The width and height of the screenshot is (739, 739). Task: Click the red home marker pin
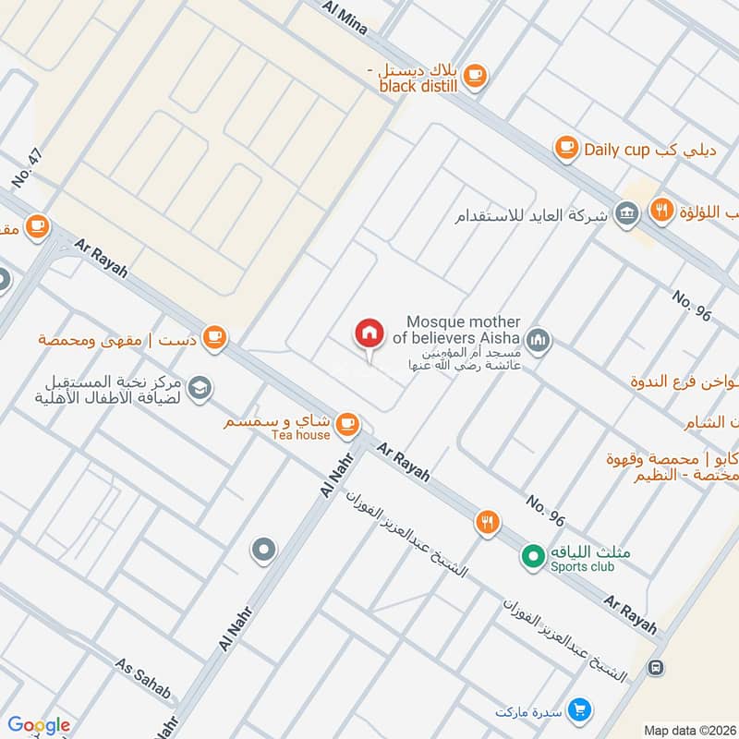click(x=369, y=334)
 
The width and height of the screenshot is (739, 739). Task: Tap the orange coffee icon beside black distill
click(x=474, y=76)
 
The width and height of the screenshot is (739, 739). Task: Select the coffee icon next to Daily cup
click(x=566, y=148)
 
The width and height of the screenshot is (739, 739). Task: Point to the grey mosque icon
click(x=540, y=342)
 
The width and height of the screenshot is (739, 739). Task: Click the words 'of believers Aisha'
click(x=456, y=338)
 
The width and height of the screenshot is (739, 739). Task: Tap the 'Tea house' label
click(x=300, y=434)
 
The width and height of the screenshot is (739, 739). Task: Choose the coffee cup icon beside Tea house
click(x=346, y=424)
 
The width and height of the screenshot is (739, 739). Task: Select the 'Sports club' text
click(x=583, y=566)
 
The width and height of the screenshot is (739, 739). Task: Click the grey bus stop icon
click(x=656, y=666)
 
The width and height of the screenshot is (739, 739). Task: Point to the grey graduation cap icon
click(x=199, y=390)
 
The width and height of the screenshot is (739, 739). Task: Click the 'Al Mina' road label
click(x=345, y=18)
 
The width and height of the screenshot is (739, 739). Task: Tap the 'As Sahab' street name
click(x=143, y=678)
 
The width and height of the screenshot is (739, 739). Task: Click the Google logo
click(x=39, y=724)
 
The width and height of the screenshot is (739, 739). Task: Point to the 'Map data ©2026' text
click(x=689, y=730)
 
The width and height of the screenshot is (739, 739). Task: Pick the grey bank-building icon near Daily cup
click(x=627, y=214)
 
